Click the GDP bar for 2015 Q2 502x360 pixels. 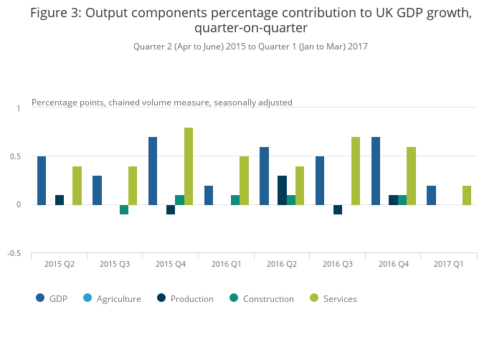click(42, 180)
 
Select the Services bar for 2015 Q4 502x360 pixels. click(189, 166)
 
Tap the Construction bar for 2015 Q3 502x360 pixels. click(124, 209)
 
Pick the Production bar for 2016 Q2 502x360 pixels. click(282, 190)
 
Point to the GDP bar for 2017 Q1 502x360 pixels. click(431, 195)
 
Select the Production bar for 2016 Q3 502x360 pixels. click(338, 209)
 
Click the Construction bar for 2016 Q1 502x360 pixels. click(235, 199)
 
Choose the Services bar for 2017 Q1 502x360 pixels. click(467, 195)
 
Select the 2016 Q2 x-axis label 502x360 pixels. click(282, 264)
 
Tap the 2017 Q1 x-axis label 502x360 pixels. click(449, 264)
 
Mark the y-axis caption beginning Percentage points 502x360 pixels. click(162, 103)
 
